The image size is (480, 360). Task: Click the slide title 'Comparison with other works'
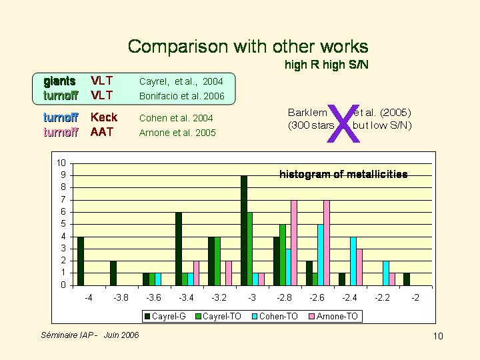248,47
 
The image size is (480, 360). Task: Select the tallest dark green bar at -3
244,230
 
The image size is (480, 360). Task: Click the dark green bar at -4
81,261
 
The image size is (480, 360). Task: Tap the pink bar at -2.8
294,242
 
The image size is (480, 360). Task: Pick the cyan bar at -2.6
320,255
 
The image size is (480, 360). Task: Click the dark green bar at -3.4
179,249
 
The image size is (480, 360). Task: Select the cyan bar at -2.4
353,261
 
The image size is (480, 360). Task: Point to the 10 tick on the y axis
61,163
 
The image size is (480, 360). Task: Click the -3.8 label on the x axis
121,297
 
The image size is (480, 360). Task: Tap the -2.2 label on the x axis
382,297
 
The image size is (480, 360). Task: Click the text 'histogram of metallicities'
343,175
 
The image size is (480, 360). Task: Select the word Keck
104,118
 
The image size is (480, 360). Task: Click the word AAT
102,132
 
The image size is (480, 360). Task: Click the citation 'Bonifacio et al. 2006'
181,96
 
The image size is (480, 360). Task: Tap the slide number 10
438,335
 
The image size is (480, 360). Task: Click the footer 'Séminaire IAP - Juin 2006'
90,335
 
